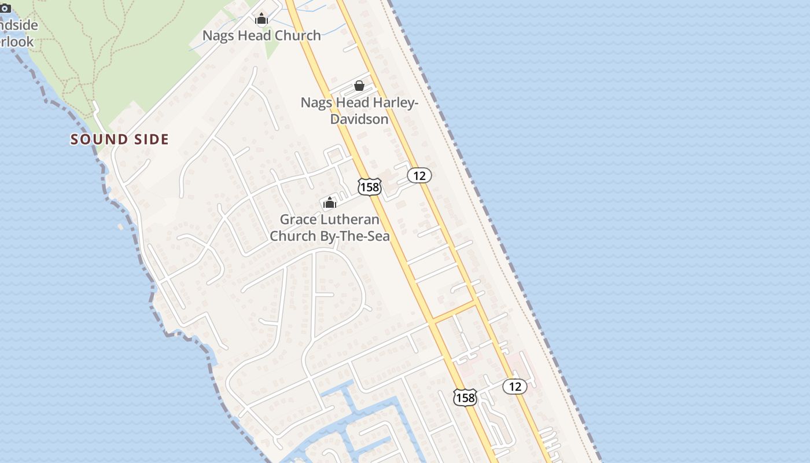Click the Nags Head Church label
[262, 35]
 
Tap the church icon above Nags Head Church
[262, 19]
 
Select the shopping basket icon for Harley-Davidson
[359, 86]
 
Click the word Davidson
[359, 119]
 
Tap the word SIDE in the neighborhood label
[150, 139]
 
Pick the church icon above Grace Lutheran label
[330, 203]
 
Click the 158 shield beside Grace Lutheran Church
[369, 186]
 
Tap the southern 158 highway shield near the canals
[465, 398]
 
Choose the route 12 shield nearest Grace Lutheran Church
[419, 175]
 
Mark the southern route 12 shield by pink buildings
[515, 386]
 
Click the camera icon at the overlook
[5, 8]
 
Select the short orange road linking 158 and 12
[454, 311]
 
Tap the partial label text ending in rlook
[17, 42]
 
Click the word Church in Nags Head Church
[297, 35]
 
